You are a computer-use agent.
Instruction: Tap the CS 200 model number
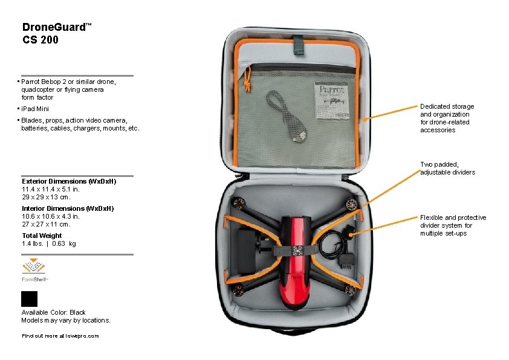click(41, 40)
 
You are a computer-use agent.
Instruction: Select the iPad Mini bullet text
click(35, 109)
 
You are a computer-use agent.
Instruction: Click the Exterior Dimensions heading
click(69, 181)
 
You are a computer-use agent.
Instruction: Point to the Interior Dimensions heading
click(68, 208)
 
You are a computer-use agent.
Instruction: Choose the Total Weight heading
click(42, 236)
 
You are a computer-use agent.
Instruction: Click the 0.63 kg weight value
click(64, 243)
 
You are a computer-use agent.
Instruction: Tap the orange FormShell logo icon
click(33, 266)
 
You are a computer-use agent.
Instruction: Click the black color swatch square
click(29, 299)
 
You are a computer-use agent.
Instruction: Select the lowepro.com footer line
click(60, 336)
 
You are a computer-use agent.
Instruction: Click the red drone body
click(295, 261)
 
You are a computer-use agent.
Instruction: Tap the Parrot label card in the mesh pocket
click(332, 101)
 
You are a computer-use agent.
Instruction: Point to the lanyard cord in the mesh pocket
click(286, 116)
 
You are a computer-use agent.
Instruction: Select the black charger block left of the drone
click(247, 251)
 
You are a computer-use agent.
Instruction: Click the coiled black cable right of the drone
click(332, 246)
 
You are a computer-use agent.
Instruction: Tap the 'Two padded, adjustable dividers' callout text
click(448, 169)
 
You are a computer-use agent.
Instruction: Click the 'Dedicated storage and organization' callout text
click(447, 118)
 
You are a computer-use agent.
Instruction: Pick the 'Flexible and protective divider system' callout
click(453, 225)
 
